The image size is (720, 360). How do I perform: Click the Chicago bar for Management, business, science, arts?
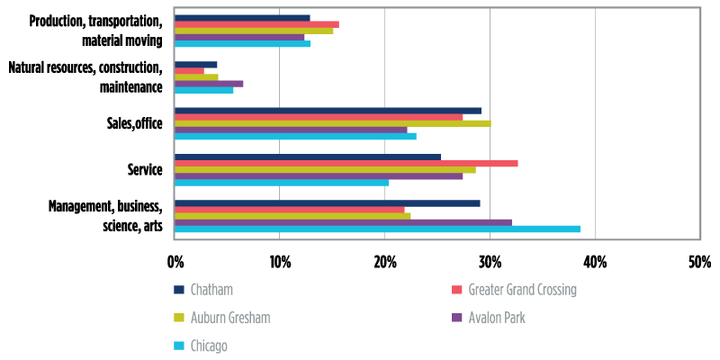(377, 229)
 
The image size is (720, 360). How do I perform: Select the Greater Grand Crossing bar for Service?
(346, 163)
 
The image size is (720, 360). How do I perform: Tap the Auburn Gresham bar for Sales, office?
(332, 123)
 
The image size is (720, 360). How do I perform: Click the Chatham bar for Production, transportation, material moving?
(242, 18)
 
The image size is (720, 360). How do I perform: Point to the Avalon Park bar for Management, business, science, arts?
(343, 222)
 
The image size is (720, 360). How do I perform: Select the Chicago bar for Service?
(282, 183)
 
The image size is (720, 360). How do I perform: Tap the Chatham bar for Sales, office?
(328, 111)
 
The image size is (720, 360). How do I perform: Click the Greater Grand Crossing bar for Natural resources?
(189, 70)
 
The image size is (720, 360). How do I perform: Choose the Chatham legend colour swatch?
(179, 290)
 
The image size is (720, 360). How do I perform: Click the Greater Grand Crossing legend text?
(522, 290)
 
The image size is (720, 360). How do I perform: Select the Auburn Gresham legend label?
(229, 318)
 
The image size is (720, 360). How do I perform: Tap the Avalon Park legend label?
(496, 318)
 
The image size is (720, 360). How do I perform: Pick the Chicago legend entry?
(208, 346)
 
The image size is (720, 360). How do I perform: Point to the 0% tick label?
(175, 262)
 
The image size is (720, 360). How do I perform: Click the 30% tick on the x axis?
(490, 262)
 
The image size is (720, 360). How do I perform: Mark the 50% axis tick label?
(699, 262)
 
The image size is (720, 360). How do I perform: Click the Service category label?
(146, 170)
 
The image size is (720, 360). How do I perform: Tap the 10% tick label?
(279, 262)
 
